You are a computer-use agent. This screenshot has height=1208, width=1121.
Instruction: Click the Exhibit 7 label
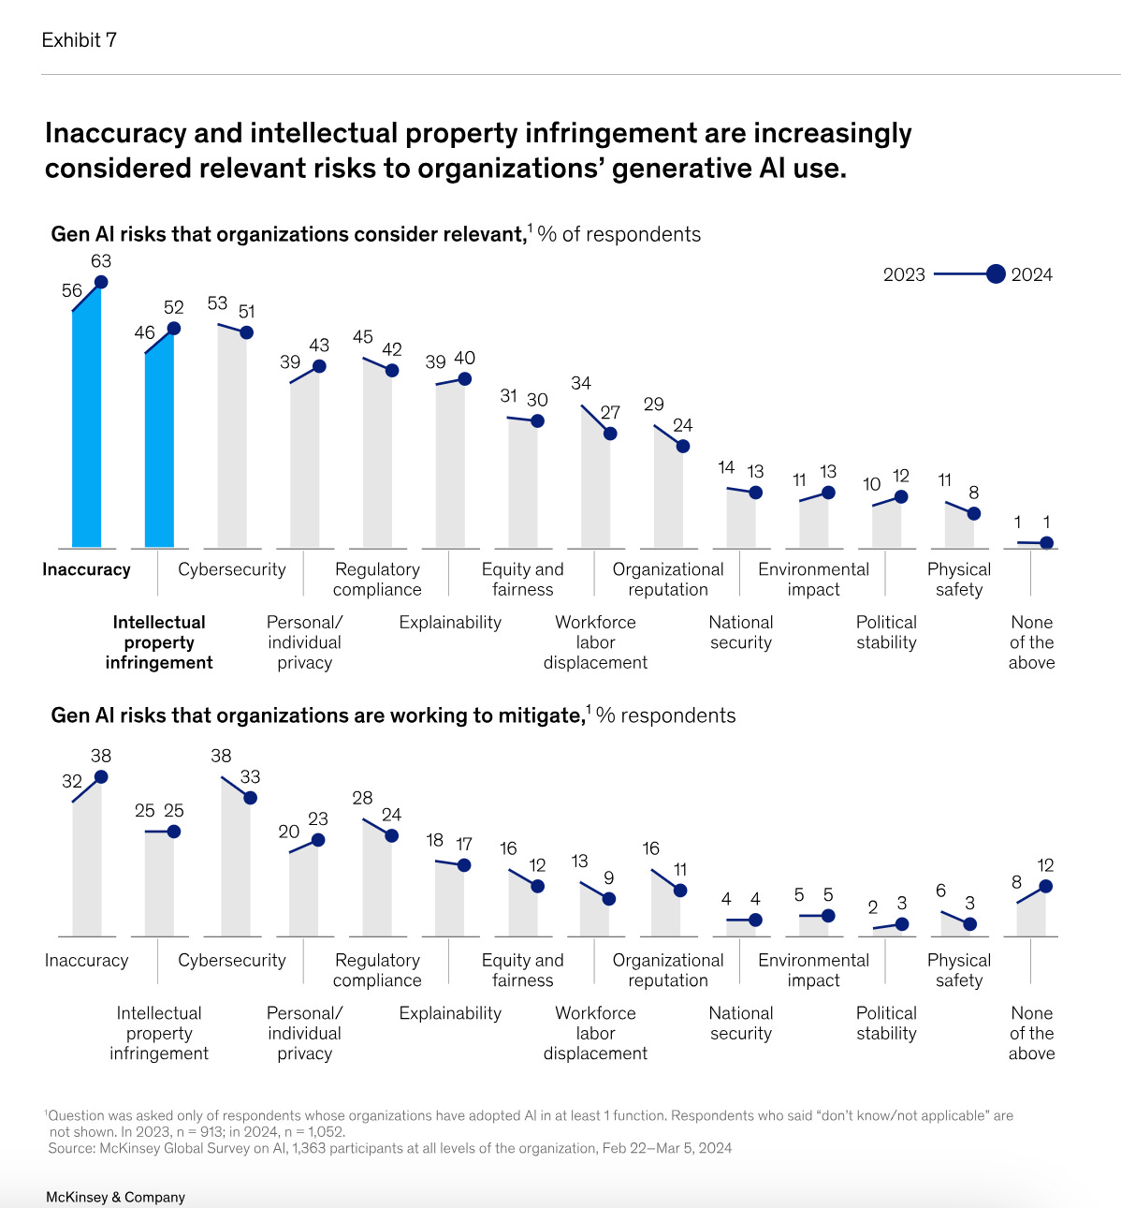[79, 40]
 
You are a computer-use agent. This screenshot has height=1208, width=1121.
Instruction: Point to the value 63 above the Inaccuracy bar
[101, 261]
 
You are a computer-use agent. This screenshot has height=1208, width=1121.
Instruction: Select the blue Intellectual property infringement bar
[159, 440]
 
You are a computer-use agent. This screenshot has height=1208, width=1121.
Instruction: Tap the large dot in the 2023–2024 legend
[996, 274]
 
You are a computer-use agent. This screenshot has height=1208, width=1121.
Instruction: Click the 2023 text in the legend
[903, 274]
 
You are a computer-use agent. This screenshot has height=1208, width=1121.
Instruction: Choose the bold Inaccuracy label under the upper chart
[86, 569]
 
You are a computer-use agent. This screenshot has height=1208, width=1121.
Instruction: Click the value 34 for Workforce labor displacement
[581, 383]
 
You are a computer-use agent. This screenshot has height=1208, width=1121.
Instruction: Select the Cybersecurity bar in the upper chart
[232, 440]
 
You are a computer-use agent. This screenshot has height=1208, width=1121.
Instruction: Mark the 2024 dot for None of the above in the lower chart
[1046, 886]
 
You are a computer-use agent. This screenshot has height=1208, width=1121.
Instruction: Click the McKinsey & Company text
[115, 1197]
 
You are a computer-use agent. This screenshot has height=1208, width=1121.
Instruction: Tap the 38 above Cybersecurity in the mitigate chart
[221, 756]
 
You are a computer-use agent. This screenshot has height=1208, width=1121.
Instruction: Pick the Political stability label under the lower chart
[886, 1023]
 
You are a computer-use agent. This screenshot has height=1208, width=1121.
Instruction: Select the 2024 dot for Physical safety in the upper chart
[973, 513]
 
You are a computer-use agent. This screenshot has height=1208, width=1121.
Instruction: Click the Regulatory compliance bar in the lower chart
[377, 880]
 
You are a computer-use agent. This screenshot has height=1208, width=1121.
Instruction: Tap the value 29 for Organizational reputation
[654, 405]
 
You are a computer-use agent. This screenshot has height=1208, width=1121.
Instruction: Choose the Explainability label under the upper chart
[450, 622]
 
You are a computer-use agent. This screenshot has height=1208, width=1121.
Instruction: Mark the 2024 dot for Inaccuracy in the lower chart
[101, 776]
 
